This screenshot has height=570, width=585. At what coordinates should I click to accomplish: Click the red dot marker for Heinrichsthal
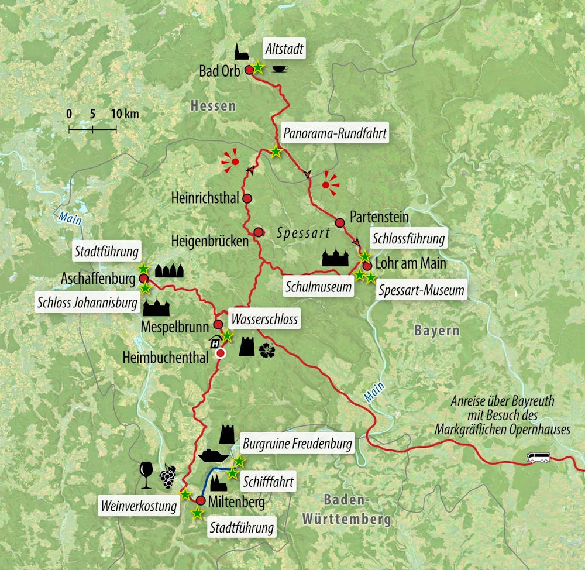pos(247,198)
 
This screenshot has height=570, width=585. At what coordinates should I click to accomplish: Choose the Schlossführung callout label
pos(408,239)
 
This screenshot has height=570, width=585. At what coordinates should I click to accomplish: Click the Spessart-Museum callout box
pos(421,290)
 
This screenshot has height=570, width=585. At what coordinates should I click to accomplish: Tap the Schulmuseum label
pos(319,287)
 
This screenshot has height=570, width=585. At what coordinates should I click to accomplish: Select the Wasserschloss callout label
pos(264,320)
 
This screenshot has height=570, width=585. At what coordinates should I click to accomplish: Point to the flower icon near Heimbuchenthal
pos(266,349)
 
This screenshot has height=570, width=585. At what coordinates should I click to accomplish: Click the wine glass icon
pos(146,474)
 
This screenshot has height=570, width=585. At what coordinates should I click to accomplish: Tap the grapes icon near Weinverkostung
pos(167,475)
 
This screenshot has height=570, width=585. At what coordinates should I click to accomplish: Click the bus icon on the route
pos(537,458)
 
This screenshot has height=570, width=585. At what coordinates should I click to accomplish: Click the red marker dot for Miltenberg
pos(200,501)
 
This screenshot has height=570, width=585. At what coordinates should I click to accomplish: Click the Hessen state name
pos(212,106)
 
